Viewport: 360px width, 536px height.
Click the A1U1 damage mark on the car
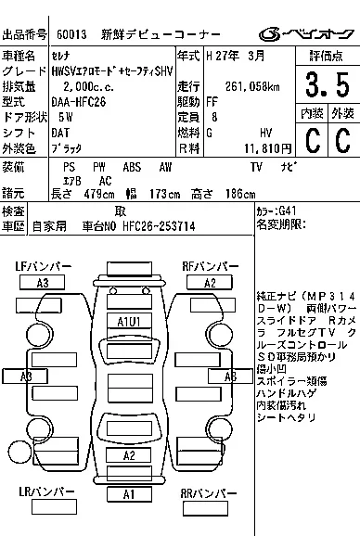point(128,321)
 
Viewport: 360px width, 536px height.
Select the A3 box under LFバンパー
point(42,283)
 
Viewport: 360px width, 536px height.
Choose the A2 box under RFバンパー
point(211,283)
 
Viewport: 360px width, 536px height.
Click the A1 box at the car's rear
point(131,494)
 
